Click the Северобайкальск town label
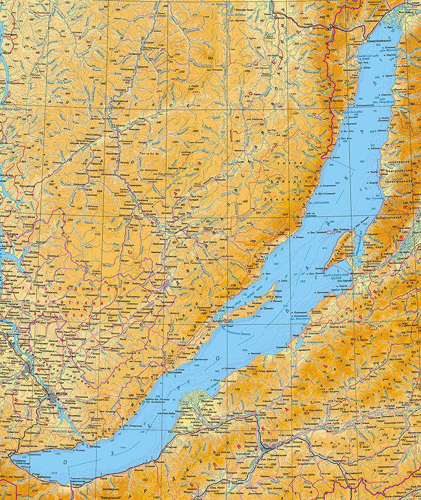coord(382,40)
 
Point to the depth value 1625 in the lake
coord(302,282)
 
